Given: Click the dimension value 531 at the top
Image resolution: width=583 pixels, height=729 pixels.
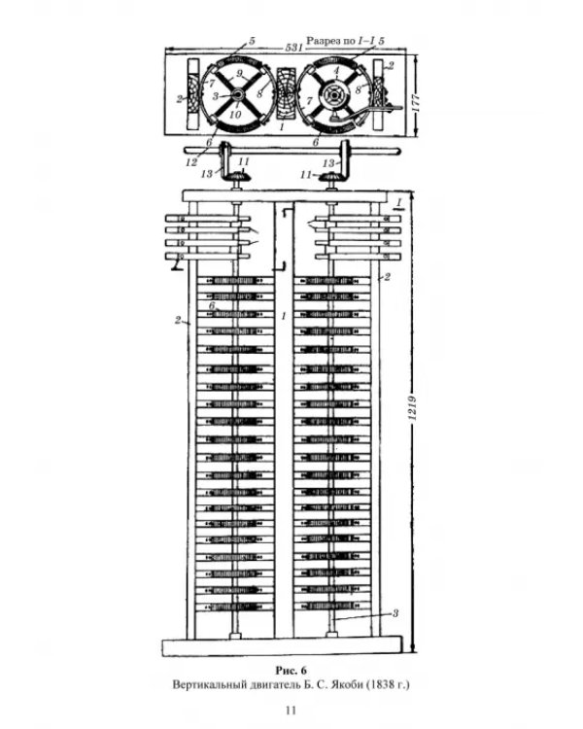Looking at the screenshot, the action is (x=293, y=47).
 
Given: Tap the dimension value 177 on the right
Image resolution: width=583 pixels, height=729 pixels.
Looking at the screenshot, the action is (x=415, y=103).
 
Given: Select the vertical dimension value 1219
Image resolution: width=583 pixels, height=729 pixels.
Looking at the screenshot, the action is (x=412, y=407).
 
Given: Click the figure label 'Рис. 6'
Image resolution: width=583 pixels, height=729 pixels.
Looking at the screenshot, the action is (x=291, y=670).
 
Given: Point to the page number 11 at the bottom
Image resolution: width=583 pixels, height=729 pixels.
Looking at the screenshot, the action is (x=291, y=710).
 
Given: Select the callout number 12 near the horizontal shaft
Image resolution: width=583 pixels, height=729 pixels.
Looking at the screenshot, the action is (x=191, y=162).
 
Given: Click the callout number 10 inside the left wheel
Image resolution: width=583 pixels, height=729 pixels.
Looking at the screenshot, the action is (x=235, y=115).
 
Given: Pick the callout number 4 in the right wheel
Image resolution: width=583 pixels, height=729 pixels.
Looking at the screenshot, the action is (x=337, y=70).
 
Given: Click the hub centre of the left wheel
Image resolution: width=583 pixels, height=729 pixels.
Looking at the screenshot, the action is (x=237, y=95).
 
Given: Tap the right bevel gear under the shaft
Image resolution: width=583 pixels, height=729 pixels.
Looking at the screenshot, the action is (x=333, y=177).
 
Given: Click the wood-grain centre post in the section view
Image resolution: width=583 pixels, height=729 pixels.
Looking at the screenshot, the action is (x=285, y=95).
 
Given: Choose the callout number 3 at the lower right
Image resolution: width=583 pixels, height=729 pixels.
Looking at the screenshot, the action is (x=395, y=613).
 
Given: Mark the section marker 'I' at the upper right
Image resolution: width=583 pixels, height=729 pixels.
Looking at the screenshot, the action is (x=398, y=203).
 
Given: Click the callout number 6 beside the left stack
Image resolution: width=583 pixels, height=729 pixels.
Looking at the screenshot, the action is (x=212, y=306).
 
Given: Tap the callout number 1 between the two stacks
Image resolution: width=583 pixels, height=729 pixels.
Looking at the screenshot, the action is (x=284, y=316).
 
